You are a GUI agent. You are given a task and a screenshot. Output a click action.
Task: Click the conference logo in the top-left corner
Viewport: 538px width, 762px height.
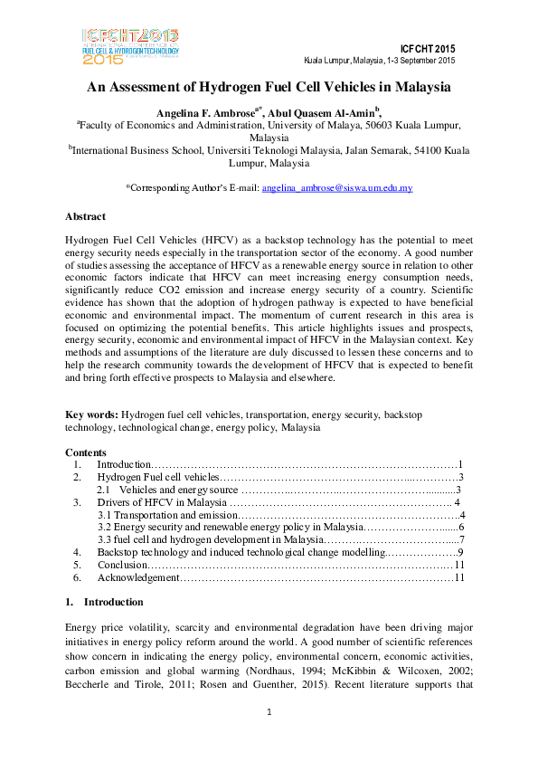pos(130,44)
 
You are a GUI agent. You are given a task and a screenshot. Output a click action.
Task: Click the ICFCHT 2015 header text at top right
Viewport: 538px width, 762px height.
pos(427,48)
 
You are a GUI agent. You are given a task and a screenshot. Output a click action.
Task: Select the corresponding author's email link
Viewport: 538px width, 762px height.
pos(336,188)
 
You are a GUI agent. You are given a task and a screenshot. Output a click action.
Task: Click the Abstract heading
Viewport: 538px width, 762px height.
pos(86,217)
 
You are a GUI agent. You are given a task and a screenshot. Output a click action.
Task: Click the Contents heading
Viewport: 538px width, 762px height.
pos(86,452)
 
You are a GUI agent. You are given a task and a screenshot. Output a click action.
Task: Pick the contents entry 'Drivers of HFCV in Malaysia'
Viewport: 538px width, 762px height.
pos(162,501)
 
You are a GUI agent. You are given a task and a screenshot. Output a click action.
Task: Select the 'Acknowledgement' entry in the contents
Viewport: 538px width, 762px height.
pos(138,576)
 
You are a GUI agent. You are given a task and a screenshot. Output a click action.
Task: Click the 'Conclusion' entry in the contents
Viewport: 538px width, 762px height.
pos(122,564)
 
